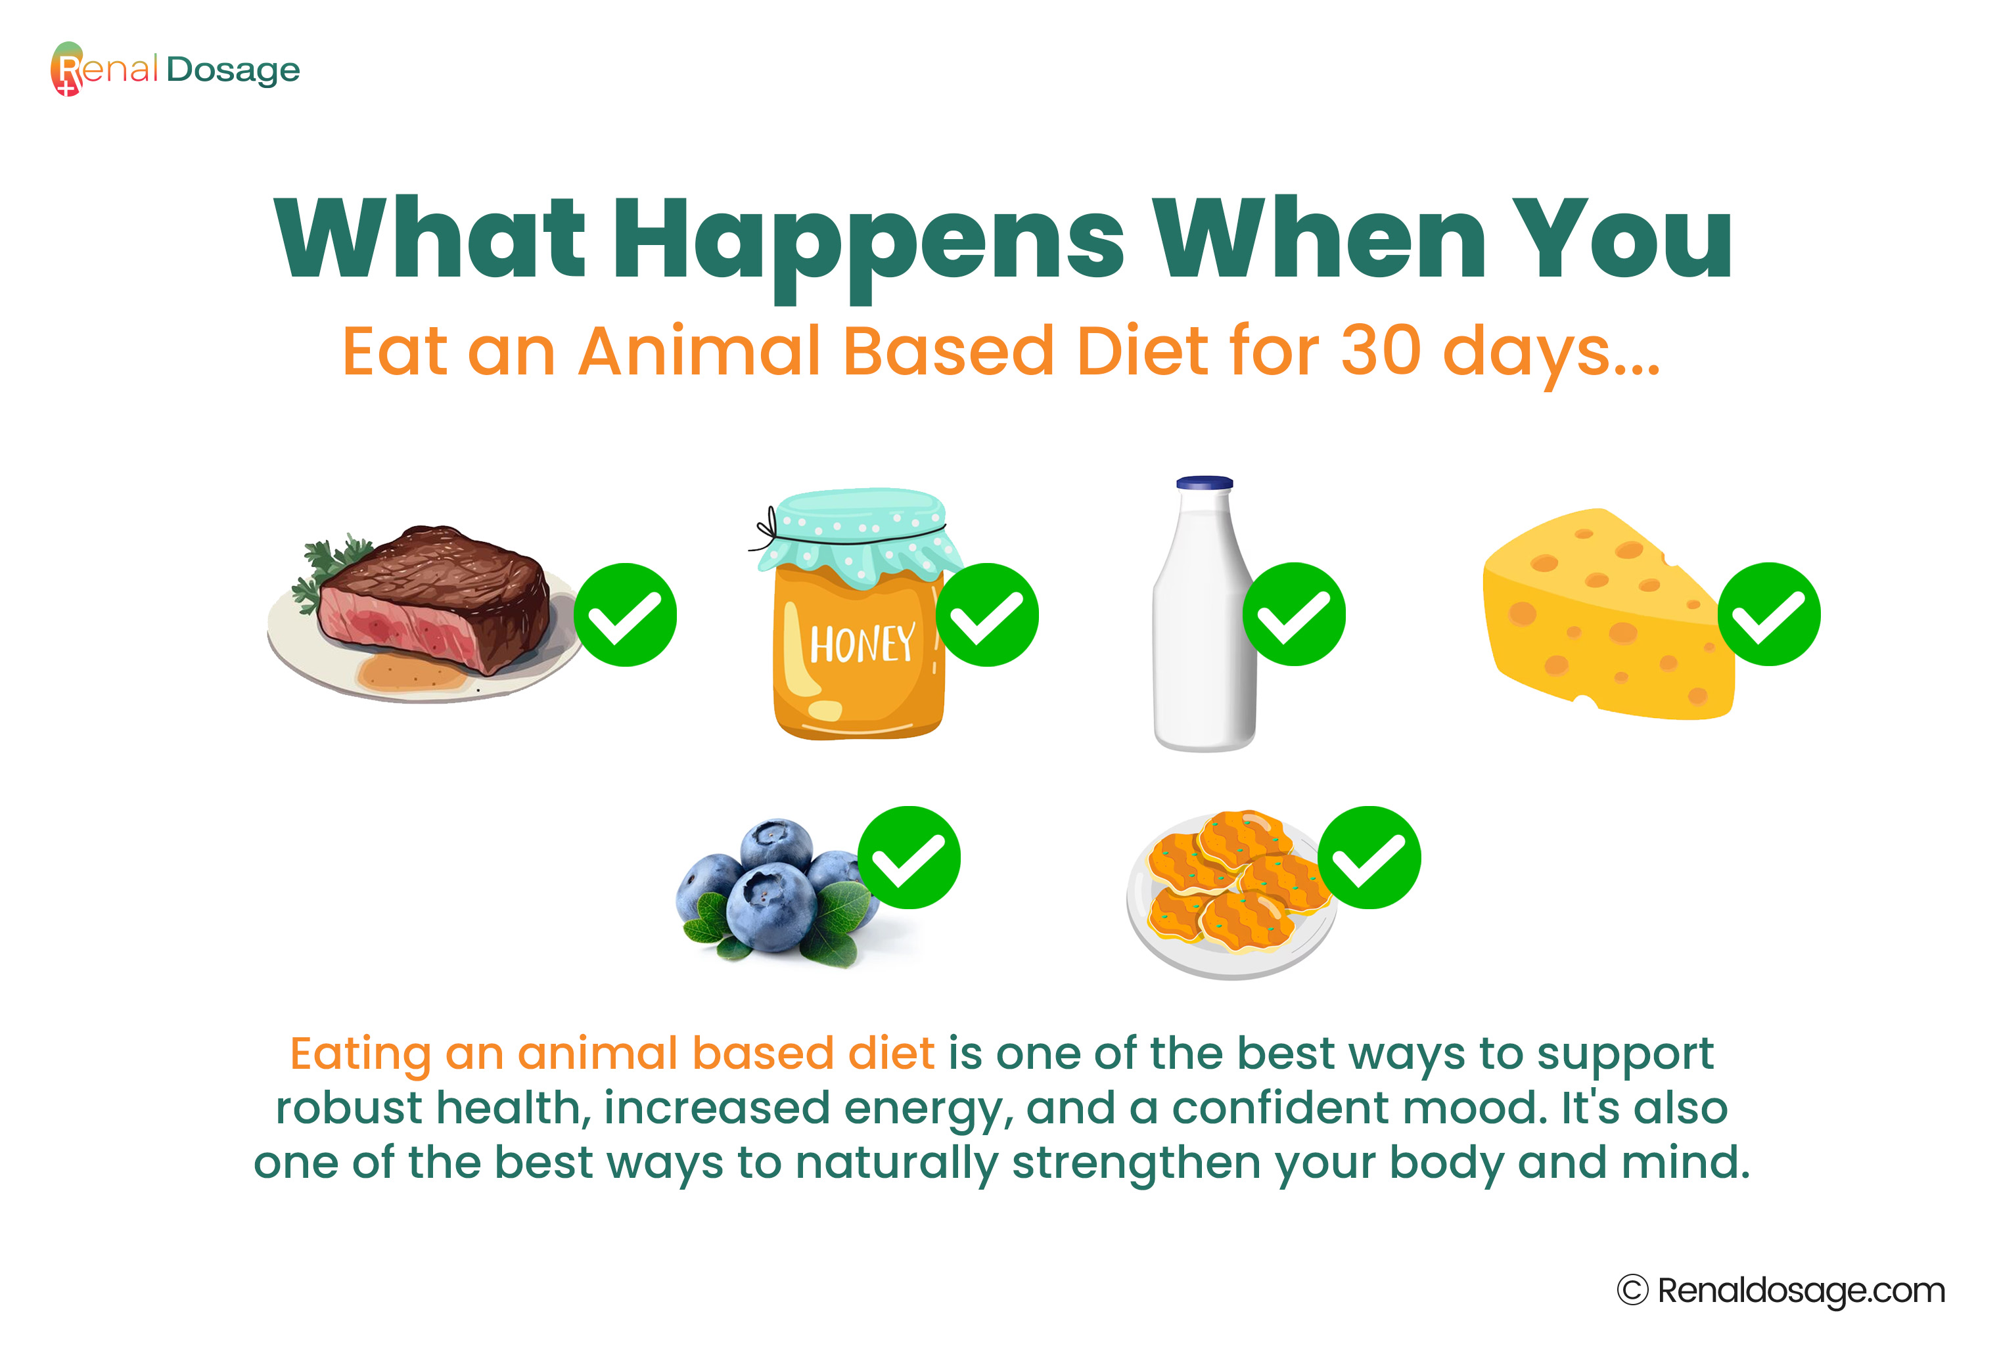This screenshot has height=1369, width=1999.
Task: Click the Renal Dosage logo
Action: pyautogui.click(x=175, y=69)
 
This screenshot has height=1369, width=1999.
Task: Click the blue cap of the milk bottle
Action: pyautogui.click(x=1205, y=482)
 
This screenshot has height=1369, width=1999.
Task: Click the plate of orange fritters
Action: pyautogui.click(x=1231, y=894)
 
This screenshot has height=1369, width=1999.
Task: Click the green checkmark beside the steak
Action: pyautogui.click(x=626, y=615)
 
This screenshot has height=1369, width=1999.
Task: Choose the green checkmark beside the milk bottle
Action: pyautogui.click(x=1294, y=615)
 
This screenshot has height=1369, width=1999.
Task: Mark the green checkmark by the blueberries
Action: pyautogui.click(x=909, y=857)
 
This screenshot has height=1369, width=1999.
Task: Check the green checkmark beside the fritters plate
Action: pyautogui.click(x=1369, y=857)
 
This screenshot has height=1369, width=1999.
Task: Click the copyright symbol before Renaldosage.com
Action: pyautogui.click(x=1632, y=1290)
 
